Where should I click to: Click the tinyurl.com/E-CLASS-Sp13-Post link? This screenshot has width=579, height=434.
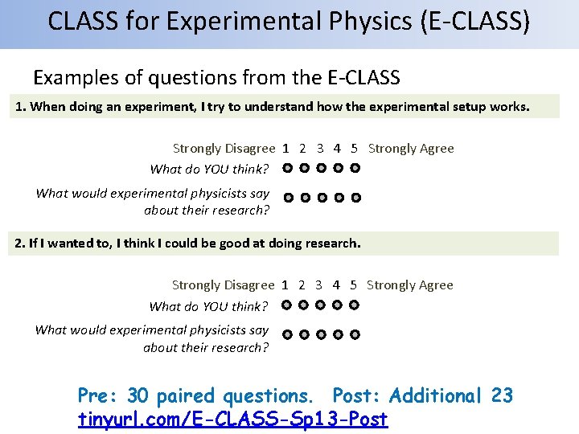tap(232, 420)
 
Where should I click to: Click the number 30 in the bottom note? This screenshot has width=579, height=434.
tap(138, 395)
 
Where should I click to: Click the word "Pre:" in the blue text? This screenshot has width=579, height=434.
tap(99, 395)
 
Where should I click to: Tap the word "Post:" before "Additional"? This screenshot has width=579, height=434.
tap(359, 395)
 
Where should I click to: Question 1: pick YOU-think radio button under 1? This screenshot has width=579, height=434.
tap(287, 169)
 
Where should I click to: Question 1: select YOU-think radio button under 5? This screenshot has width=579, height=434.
tap(355, 169)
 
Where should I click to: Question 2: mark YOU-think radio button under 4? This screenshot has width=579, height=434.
tap(338, 305)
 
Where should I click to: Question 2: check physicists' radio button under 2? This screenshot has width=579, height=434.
tap(305, 334)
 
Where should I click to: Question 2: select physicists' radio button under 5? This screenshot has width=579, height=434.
tap(355, 334)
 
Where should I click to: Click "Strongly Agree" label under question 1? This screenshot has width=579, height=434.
tap(411, 149)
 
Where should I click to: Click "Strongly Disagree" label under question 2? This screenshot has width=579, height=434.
tap(223, 285)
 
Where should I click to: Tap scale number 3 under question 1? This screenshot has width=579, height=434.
tap(320, 149)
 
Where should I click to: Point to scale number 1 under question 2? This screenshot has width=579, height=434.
tap(285, 285)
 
